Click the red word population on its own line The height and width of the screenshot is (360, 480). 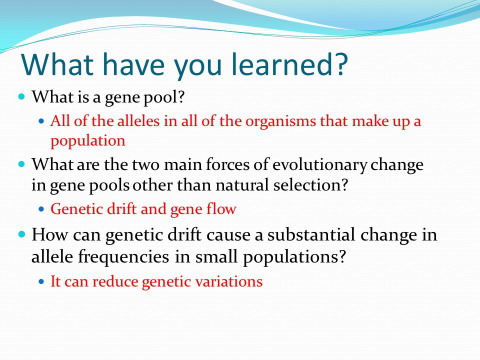click(x=88, y=141)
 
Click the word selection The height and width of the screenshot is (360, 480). click(x=310, y=185)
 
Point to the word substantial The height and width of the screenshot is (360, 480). click(x=311, y=235)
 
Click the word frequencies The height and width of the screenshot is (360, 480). click(x=123, y=257)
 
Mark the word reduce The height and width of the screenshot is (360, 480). click(x=115, y=281)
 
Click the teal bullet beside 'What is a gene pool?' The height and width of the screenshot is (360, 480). click(x=21, y=96)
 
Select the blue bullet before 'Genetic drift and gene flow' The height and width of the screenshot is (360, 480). click(x=41, y=209)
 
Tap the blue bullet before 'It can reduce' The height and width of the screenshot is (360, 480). click(x=41, y=281)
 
